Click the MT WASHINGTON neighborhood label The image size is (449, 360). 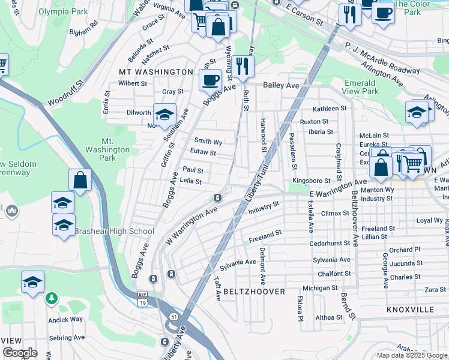click(155, 72)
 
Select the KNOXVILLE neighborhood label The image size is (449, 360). click(410, 310)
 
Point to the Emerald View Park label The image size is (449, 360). click(362, 87)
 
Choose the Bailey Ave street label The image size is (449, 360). click(284, 86)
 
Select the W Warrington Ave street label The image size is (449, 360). click(191, 227)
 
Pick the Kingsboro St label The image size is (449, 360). click(311, 181)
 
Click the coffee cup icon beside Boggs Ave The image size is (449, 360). click(211, 80)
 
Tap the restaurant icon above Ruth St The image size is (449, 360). click(243, 66)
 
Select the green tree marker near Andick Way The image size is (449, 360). click(52, 298)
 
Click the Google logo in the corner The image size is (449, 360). click(20, 353)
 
